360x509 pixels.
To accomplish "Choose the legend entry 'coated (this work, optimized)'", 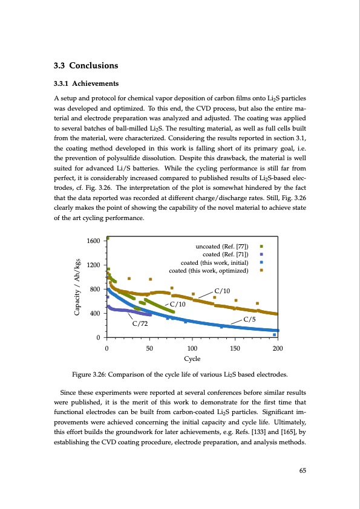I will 215,270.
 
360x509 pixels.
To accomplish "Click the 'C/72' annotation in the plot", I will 140,323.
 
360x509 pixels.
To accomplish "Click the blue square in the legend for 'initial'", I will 261,262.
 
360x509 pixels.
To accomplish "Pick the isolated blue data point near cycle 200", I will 274,334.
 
